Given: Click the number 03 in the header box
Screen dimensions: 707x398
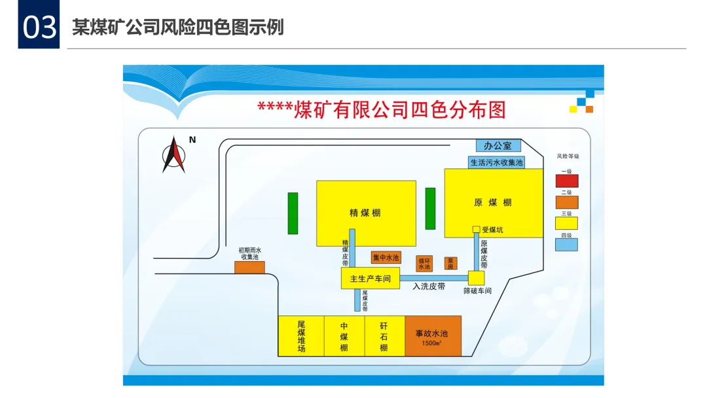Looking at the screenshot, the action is coord(39,27).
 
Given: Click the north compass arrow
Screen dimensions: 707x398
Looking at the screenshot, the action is coord(173,154).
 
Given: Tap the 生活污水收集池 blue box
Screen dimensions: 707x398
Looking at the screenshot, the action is coord(497,162).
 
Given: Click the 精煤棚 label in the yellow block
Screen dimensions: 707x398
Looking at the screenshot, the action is coord(365,213).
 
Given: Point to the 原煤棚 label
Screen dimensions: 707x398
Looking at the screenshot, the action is coord(493,202).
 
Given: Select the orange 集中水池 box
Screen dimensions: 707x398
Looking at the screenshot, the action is coord(386,258).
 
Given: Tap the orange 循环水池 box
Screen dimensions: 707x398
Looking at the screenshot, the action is coord(425,263).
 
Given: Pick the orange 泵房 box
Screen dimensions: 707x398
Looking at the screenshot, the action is coord(450,262).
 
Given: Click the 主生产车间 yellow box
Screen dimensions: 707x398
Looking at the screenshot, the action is coord(370,279).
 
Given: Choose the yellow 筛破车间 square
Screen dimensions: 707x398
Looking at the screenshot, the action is coord(476,278).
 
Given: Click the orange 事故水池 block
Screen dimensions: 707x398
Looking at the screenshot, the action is coord(433,336).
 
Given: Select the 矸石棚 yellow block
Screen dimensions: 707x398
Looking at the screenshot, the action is coord(384,336).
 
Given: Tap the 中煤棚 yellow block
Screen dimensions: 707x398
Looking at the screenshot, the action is coord(344,336).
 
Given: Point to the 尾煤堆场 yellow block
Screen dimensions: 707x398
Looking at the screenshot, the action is coord(301,336).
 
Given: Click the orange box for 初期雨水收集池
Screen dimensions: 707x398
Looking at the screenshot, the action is coord(249,267).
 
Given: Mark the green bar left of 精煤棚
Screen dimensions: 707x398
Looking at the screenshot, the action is coord(293,213).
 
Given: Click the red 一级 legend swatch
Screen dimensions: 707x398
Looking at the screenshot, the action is coord(566,180).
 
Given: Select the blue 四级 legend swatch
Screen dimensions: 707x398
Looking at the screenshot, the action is coord(566,244).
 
